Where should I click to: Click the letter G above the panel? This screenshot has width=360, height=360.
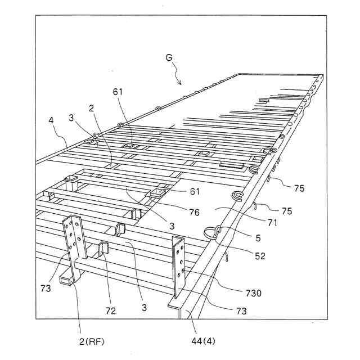169,58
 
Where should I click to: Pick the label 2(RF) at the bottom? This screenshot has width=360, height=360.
88,340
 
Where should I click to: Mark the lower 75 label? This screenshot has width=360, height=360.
287,211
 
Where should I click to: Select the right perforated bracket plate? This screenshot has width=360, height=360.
179,264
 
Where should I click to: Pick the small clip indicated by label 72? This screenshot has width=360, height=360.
103,250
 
